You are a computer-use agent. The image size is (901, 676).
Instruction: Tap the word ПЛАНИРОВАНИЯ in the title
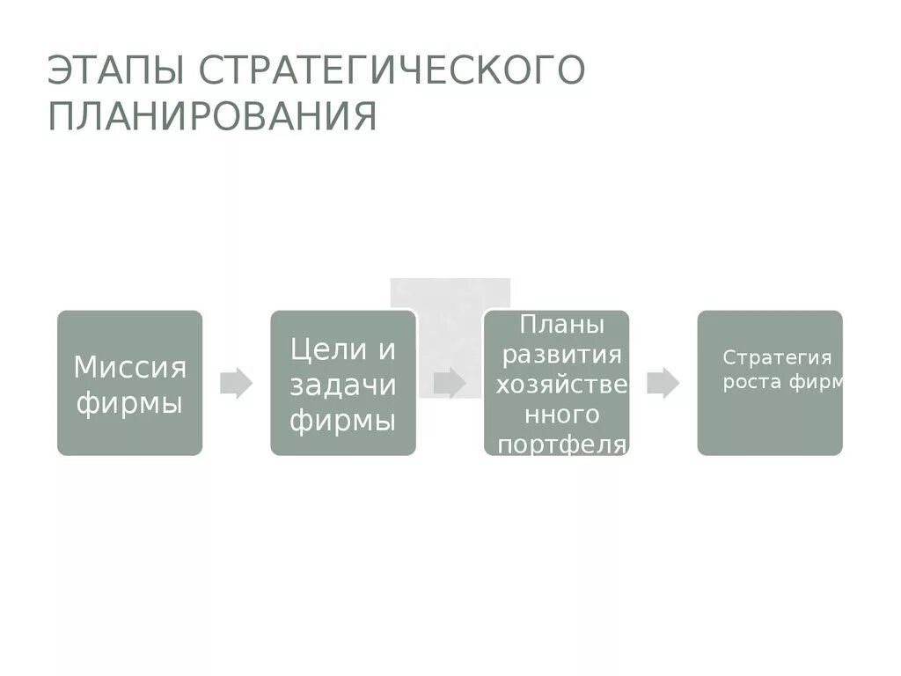click(212, 117)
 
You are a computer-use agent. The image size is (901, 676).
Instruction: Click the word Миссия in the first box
click(129, 367)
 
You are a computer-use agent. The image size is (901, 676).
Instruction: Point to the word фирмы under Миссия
click(129, 404)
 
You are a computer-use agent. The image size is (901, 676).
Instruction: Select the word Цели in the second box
click(317, 349)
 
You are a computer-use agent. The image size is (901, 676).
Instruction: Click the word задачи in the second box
click(342, 385)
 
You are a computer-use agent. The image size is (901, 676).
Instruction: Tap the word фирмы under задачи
click(342, 421)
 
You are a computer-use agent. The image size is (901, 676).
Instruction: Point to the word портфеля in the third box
click(561, 445)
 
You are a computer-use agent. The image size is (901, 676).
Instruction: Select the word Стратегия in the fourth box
click(777, 357)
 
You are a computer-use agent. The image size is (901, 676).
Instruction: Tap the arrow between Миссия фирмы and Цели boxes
click(236, 383)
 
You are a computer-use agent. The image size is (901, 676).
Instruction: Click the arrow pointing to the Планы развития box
click(450, 383)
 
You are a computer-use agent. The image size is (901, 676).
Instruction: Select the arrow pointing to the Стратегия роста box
click(663, 383)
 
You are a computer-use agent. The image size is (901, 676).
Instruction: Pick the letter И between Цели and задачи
click(387, 349)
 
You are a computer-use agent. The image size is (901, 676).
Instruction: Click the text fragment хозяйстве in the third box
click(561, 385)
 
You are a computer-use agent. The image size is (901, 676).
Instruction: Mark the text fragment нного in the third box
click(556, 415)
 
